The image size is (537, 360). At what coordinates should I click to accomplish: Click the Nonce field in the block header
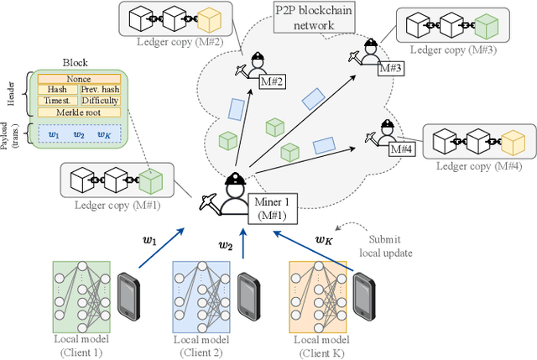78,78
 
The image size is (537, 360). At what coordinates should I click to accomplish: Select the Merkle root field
78,112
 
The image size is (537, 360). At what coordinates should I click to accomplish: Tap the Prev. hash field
100,89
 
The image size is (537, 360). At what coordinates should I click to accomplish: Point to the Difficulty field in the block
100,100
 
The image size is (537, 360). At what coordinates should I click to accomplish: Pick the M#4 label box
402,149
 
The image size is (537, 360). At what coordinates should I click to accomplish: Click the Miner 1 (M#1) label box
270,206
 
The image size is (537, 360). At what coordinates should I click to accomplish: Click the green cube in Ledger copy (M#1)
150,180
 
